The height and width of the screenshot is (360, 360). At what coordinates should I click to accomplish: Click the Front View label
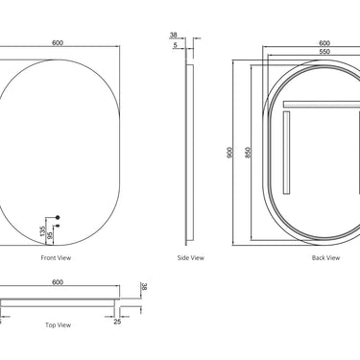[x=56, y=258]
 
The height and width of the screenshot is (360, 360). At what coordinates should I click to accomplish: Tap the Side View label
[x=191, y=258]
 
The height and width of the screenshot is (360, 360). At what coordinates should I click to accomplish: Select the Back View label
[x=325, y=258]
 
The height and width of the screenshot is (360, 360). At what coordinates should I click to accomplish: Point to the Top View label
[x=58, y=325]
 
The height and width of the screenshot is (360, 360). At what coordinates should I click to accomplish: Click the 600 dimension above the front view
[x=58, y=43]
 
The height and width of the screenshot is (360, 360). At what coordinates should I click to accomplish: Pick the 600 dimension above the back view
[x=324, y=43]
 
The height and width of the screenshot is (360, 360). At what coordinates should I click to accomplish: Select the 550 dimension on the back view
[x=324, y=52]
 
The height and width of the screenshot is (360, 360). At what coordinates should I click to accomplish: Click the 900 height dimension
[x=229, y=153]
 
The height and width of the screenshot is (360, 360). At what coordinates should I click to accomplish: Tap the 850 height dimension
[x=248, y=153]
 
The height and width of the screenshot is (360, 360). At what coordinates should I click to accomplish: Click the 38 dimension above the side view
[x=173, y=35]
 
